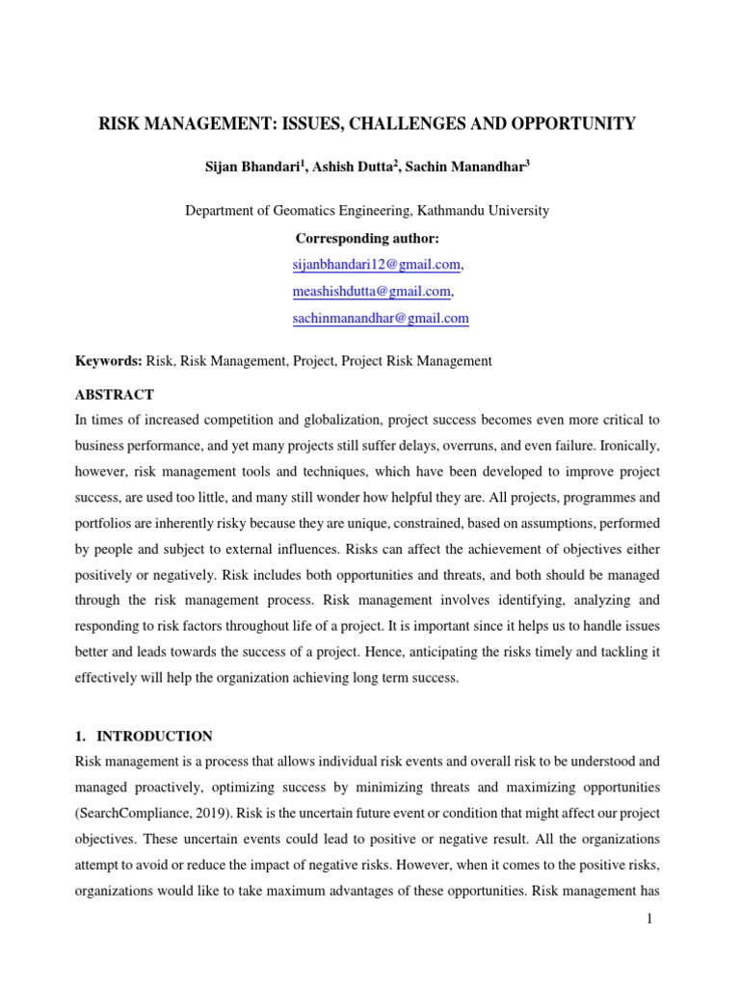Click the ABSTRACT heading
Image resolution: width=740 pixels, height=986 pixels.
[114, 395]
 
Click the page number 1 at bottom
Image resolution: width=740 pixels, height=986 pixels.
[649, 920]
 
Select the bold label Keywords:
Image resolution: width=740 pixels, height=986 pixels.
[109, 361]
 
